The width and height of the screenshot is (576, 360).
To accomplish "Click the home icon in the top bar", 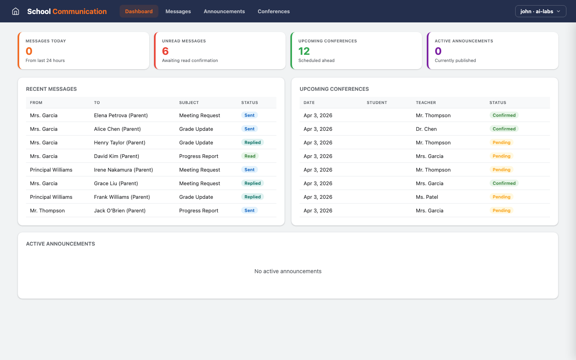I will click(16, 11).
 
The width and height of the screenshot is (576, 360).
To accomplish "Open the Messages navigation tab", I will click(178, 11).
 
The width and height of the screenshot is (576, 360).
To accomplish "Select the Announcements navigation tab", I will click(224, 11).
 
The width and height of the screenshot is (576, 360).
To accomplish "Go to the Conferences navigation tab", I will click(274, 11).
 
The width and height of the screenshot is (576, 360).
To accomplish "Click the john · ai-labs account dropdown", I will click(540, 11).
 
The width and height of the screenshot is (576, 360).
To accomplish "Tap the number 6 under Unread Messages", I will click(165, 51).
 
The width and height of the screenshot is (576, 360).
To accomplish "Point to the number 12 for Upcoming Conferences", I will click(304, 51).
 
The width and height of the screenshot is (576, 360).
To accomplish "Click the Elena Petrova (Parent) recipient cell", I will click(121, 115).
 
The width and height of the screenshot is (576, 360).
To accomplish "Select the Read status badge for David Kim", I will click(250, 156).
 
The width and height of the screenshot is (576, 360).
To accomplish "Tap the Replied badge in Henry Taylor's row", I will click(252, 142).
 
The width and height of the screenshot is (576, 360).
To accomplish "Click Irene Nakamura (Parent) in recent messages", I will click(123, 170).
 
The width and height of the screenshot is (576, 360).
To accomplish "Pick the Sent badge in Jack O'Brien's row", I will click(250, 210).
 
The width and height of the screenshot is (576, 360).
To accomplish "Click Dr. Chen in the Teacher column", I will click(426, 129).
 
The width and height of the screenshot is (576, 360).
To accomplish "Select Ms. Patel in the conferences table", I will click(427, 197).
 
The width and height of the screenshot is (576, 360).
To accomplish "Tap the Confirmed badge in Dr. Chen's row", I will click(504, 129).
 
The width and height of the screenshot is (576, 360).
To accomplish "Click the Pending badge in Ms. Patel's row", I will click(502, 197).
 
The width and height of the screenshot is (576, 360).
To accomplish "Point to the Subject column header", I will click(189, 102).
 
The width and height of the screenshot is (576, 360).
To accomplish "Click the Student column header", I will click(377, 102).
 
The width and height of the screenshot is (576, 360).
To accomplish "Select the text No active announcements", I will click(288, 271).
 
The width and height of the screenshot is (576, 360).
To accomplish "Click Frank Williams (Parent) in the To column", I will click(122, 197).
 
